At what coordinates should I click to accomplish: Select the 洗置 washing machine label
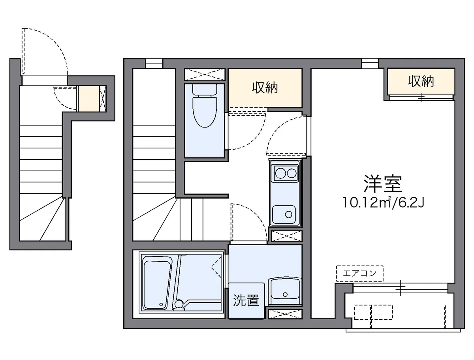(246, 301)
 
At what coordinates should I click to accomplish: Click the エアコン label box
(359, 273)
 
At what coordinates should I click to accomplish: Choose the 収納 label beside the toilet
(265, 88)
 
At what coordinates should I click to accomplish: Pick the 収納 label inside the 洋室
(421, 81)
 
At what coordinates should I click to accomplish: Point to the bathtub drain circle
(161, 304)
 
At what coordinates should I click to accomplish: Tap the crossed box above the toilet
(205, 75)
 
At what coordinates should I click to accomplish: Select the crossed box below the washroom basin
(284, 314)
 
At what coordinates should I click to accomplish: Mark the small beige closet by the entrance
(88, 98)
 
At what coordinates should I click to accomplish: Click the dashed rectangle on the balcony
(373, 312)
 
